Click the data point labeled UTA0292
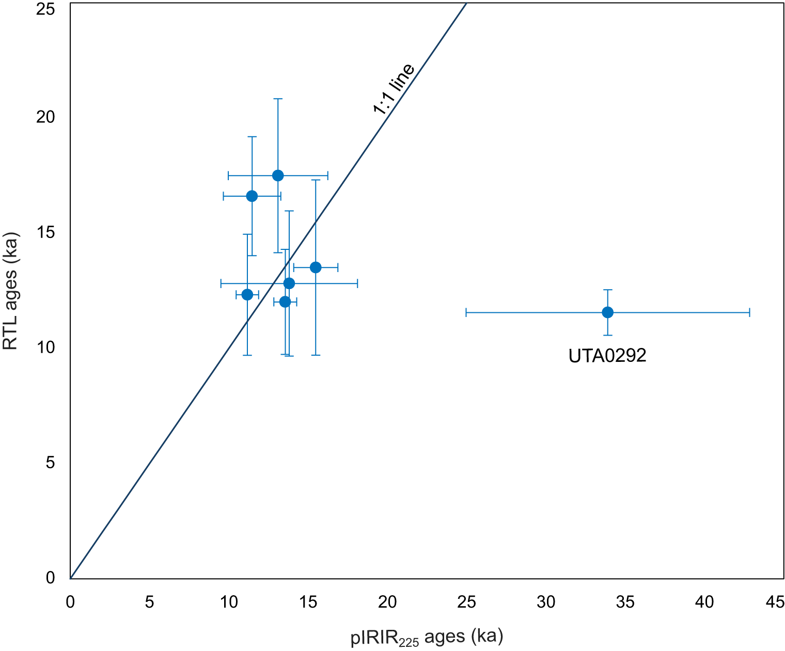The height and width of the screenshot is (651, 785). point(607,312)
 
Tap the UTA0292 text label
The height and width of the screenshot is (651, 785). point(607,356)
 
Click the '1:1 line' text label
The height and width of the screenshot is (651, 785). point(394,88)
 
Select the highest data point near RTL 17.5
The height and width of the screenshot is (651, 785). point(278,176)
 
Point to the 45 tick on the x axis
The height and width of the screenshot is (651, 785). point(775,602)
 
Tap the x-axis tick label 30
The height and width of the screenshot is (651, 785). point(546,602)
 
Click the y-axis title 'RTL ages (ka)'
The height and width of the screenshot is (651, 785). point(11,292)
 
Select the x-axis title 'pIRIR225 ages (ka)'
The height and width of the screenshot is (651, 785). point(427,637)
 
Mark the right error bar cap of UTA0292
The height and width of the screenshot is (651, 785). point(749,312)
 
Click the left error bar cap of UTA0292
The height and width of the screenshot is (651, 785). point(466,312)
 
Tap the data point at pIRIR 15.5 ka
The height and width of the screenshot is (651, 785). point(316,267)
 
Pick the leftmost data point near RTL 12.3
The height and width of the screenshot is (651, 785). point(247,295)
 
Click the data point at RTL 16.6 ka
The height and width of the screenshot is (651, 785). point(252,196)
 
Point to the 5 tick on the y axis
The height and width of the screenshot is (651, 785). point(50,463)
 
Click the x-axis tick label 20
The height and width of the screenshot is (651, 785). point(387,602)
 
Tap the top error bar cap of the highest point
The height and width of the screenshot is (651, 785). point(278,99)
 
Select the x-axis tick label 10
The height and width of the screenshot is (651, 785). point(229,602)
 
